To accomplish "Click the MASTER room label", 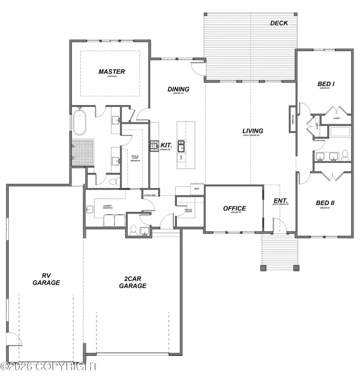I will click(x=112, y=72).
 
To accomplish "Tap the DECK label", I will click(x=279, y=23).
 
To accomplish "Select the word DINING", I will click(x=178, y=89).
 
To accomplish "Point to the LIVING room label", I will click(x=252, y=131).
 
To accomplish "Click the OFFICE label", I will click(x=234, y=208).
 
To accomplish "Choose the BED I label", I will click(x=326, y=84).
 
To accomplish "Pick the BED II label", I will click(x=325, y=203).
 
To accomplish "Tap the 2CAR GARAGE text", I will click(x=135, y=282).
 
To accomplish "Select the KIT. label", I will click(x=166, y=145).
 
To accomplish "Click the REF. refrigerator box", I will click(x=197, y=189).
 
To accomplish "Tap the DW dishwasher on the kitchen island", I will click(x=181, y=157).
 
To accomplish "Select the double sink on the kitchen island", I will click(x=181, y=145).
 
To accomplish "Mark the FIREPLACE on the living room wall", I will click(x=292, y=119).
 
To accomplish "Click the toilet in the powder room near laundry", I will click(x=134, y=230).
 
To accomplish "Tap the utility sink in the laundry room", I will click(x=90, y=208).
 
